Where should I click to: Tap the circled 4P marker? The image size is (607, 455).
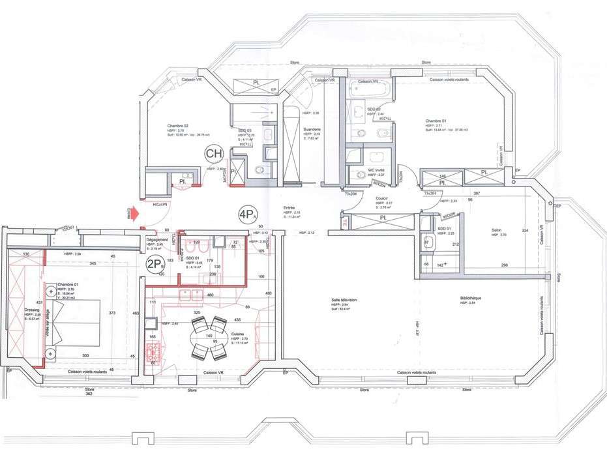(246, 214)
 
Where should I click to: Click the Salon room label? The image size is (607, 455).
(499, 230)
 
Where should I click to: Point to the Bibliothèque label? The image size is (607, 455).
(471, 298)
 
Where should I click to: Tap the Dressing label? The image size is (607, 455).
(33, 310)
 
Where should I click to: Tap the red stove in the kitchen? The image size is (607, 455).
(153, 352)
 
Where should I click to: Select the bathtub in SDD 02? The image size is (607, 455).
(370, 89)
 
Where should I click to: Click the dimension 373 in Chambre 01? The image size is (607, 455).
(111, 312)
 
